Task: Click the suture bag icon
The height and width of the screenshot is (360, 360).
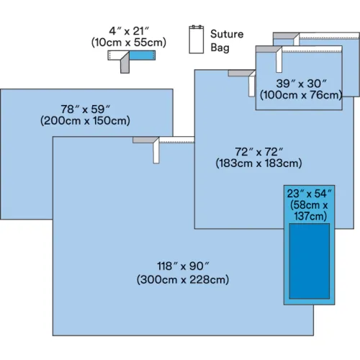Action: coord(197,40)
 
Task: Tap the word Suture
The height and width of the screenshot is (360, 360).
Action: coord(227,34)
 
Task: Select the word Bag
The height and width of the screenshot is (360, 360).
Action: coord(220,48)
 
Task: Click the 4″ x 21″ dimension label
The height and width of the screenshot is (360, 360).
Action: coord(129,31)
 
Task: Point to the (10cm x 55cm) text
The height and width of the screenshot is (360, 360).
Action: coord(129,42)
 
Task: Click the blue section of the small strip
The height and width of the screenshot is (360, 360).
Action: coord(143,55)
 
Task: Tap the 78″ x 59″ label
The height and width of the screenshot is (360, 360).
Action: coord(85,109)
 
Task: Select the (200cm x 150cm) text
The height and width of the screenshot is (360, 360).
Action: coord(85,120)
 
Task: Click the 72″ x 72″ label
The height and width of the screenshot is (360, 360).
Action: coord(258,152)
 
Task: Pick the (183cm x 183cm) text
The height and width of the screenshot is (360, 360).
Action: coord(258,163)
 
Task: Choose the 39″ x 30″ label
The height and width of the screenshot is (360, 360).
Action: coord(301,84)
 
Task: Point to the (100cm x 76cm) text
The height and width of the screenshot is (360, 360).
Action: coord(301,95)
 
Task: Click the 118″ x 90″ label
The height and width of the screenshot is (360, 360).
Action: coord(183,266)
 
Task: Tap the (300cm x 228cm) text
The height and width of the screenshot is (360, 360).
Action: coord(183,279)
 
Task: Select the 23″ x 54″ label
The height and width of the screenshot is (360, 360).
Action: coord(310,194)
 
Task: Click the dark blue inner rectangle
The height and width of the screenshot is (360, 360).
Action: coord(310,261)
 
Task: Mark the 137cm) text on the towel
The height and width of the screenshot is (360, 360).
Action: coord(310,216)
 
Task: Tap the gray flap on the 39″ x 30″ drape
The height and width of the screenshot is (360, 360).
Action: coord(267,49)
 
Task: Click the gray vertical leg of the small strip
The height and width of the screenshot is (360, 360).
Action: coord(125,64)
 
